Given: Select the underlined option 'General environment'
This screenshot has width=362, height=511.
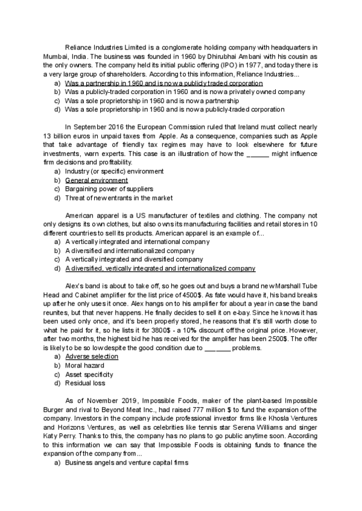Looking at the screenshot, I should [97, 180].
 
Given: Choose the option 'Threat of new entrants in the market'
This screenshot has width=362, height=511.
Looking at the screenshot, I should [118, 198].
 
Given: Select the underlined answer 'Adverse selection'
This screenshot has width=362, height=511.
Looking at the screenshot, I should [92, 357].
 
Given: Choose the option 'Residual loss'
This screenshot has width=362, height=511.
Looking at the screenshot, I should [87, 383].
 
